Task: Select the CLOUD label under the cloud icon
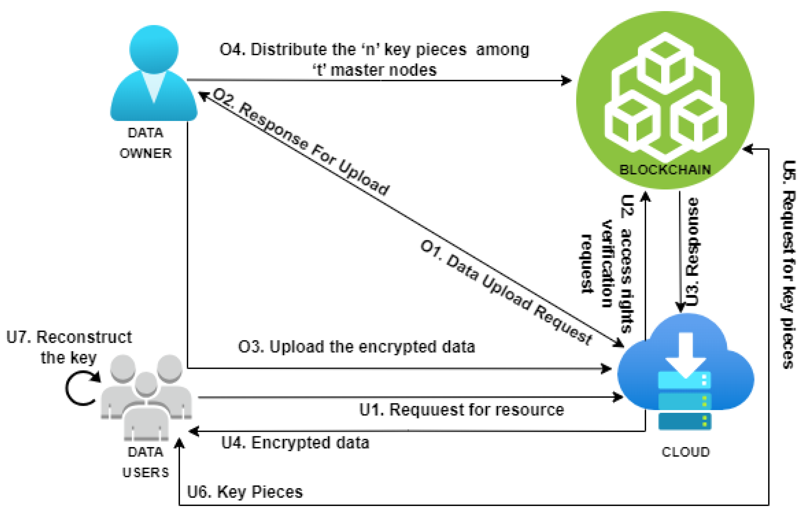[x=685, y=452]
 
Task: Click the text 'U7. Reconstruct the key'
[x=69, y=347]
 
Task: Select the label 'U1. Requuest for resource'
[x=461, y=410]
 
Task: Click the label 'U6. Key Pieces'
[x=245, y=492]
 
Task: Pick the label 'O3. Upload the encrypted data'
[x=356, y=347]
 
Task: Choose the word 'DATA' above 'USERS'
[x=145, y=452]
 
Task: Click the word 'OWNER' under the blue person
[x=145, y=154]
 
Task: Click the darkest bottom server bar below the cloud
[x=684, y=421]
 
